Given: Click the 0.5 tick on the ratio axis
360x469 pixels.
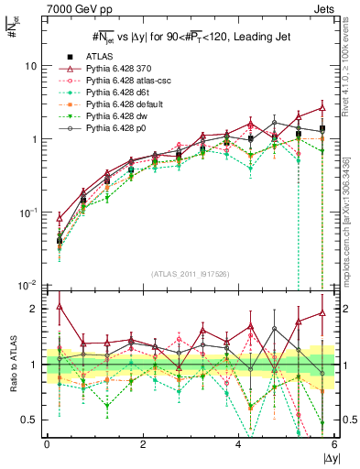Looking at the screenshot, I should point(32,420).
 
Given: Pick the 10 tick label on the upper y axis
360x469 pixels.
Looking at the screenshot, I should point(30,66).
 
